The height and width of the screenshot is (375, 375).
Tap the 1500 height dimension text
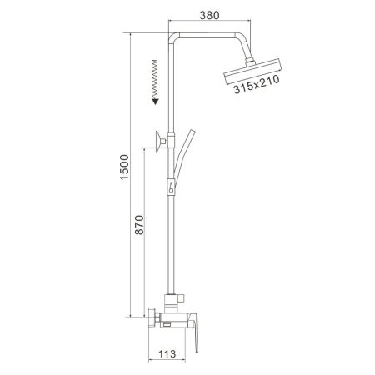(x=125, y=172)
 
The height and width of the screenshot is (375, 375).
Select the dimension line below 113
(x=170, y=362)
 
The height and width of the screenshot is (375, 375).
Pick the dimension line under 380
(x=209, y=24)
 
